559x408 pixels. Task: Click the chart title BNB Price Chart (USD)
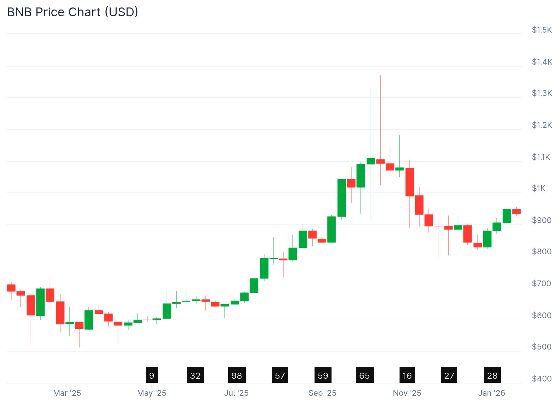[x=72, y=12]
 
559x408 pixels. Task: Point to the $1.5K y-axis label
[x=542, y=30]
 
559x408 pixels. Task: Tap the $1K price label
[x=539, y=188]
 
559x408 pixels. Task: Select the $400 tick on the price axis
[x=542, y=378]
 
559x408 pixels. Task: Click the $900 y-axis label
[x=542, y=220]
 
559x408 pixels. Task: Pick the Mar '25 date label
[x=67, y=393]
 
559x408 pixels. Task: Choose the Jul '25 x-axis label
[x=236, y=393]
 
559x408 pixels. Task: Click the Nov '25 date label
[x=407, y=393]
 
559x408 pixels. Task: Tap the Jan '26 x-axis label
[x=492, y=393]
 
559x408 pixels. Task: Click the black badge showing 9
[x=152, y=375]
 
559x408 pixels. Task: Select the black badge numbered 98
[x=237, y=375]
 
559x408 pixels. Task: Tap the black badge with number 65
[x=365, y=375]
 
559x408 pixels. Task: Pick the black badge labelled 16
[x=407, y=375]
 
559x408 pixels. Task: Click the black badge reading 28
[x=492, y=375]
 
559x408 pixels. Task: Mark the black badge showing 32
[x=195, y=375]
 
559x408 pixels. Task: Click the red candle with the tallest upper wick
[x=380, y=161]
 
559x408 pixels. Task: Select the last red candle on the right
[x=516, y=211]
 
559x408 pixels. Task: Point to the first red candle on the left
[x=11, y=288]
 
